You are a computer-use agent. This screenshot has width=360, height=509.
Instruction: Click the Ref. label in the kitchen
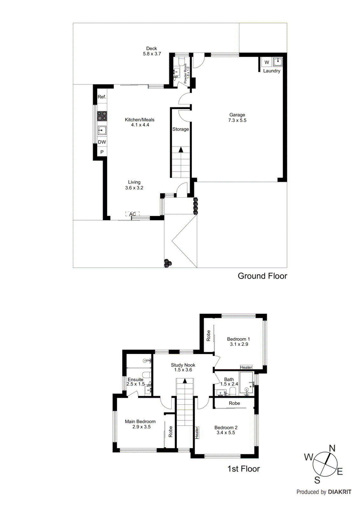(102, 97)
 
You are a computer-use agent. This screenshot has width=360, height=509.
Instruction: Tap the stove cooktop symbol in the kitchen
(102, 116)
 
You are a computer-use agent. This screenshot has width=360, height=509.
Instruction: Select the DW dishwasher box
(102, 142)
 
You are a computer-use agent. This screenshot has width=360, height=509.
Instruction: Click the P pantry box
(102, 152)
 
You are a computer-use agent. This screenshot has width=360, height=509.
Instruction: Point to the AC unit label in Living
(132, 214)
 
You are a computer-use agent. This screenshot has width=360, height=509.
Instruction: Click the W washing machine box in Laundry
(267, 62)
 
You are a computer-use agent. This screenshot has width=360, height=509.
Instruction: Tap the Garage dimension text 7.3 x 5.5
(237, 120)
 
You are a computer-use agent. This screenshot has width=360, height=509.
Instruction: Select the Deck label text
(152, 48)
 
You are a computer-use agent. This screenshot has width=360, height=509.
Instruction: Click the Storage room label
(180, 129)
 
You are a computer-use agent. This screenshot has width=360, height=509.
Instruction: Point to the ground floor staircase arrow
(181, 150)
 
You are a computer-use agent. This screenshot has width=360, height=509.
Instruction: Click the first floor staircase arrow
(185, 380)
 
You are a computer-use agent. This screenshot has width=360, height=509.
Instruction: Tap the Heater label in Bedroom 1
(246, 367)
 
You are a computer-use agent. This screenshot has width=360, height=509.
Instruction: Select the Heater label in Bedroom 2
(197, 433)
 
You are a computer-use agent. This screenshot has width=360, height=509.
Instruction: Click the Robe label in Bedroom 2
(234, 403)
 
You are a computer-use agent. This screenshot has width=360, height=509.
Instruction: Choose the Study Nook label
(183, 365)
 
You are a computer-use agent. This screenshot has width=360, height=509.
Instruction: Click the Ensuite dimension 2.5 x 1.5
(136, 384)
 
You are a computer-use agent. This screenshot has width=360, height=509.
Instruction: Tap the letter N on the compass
(332, 449)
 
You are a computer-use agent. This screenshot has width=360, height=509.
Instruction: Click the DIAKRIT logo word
(339, 492)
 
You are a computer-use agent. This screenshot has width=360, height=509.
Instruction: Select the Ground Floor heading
(262, 276)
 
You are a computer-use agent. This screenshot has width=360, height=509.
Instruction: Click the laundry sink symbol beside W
(278, 62)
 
